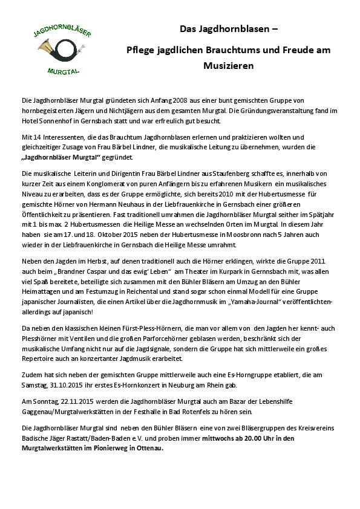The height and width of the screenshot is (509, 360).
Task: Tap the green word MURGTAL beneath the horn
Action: point(62,71)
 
